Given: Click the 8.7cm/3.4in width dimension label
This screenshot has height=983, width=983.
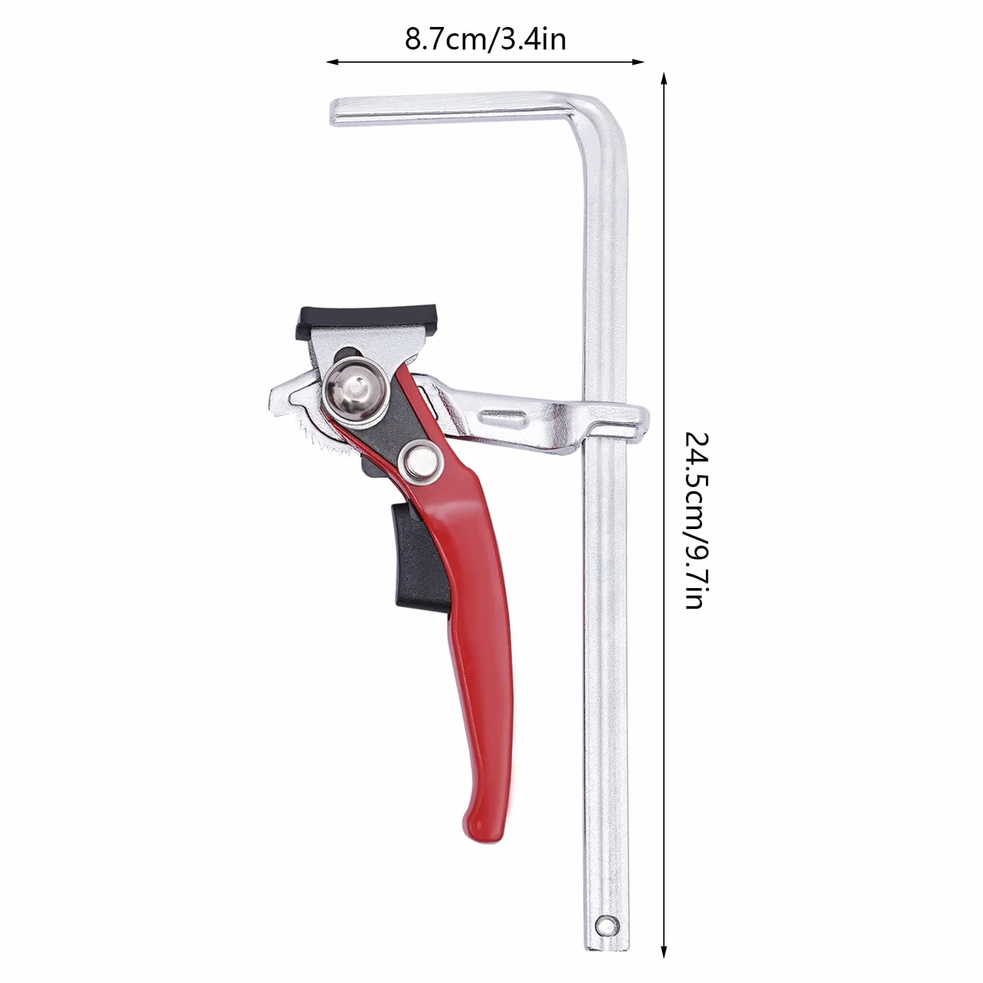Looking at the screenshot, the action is click(485, 39).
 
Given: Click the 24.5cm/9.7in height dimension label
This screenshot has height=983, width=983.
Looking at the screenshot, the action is click(695, 520).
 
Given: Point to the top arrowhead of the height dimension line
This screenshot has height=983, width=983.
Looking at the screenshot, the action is click(664, 78).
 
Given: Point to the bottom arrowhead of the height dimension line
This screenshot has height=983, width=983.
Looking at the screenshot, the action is click(664, 952).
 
